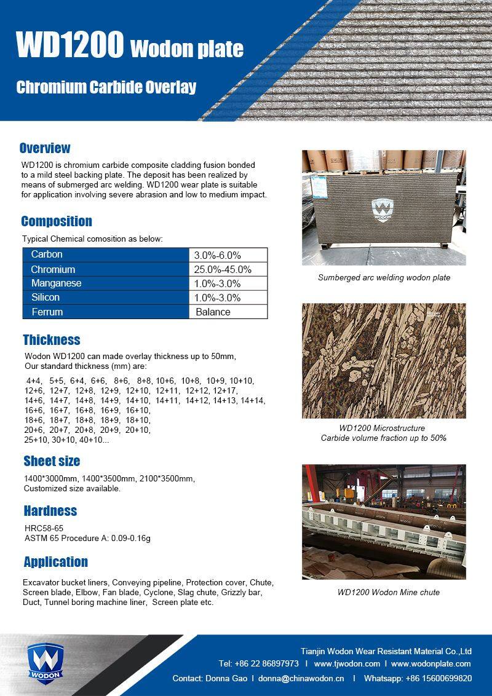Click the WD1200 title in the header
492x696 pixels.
tap(69, 45)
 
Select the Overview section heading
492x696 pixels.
tap(45, 148)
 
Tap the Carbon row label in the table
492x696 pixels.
tap(47, 255)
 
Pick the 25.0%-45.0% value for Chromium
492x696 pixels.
tap(223, 269)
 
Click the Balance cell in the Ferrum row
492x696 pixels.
tap(213, 312)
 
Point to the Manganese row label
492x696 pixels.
tap(56, 283)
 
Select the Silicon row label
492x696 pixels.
tap(46, 298)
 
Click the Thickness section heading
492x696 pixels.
tap(52, 340)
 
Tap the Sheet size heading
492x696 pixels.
tap(52, 461)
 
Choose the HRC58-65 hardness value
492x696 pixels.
tap(44, 528)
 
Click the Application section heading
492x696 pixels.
tap(55, 562)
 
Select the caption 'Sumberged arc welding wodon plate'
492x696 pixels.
tap(384, 278)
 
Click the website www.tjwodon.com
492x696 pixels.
tap(347, 664)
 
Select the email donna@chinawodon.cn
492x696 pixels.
tap(301, 679)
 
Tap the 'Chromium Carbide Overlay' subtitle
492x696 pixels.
tap(106, 87)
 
